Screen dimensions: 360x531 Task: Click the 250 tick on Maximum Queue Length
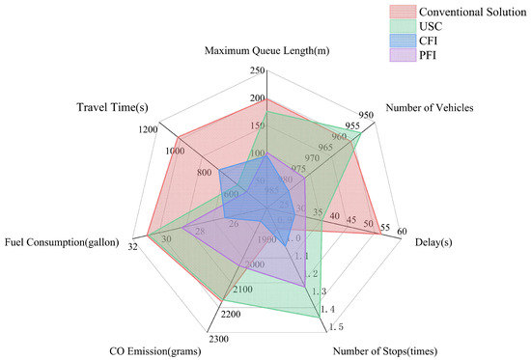coord(257,70)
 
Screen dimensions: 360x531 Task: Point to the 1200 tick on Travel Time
coord(148,128)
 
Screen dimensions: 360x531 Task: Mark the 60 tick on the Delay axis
coord(401,231)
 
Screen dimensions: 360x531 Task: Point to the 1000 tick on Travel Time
coord(175,151)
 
